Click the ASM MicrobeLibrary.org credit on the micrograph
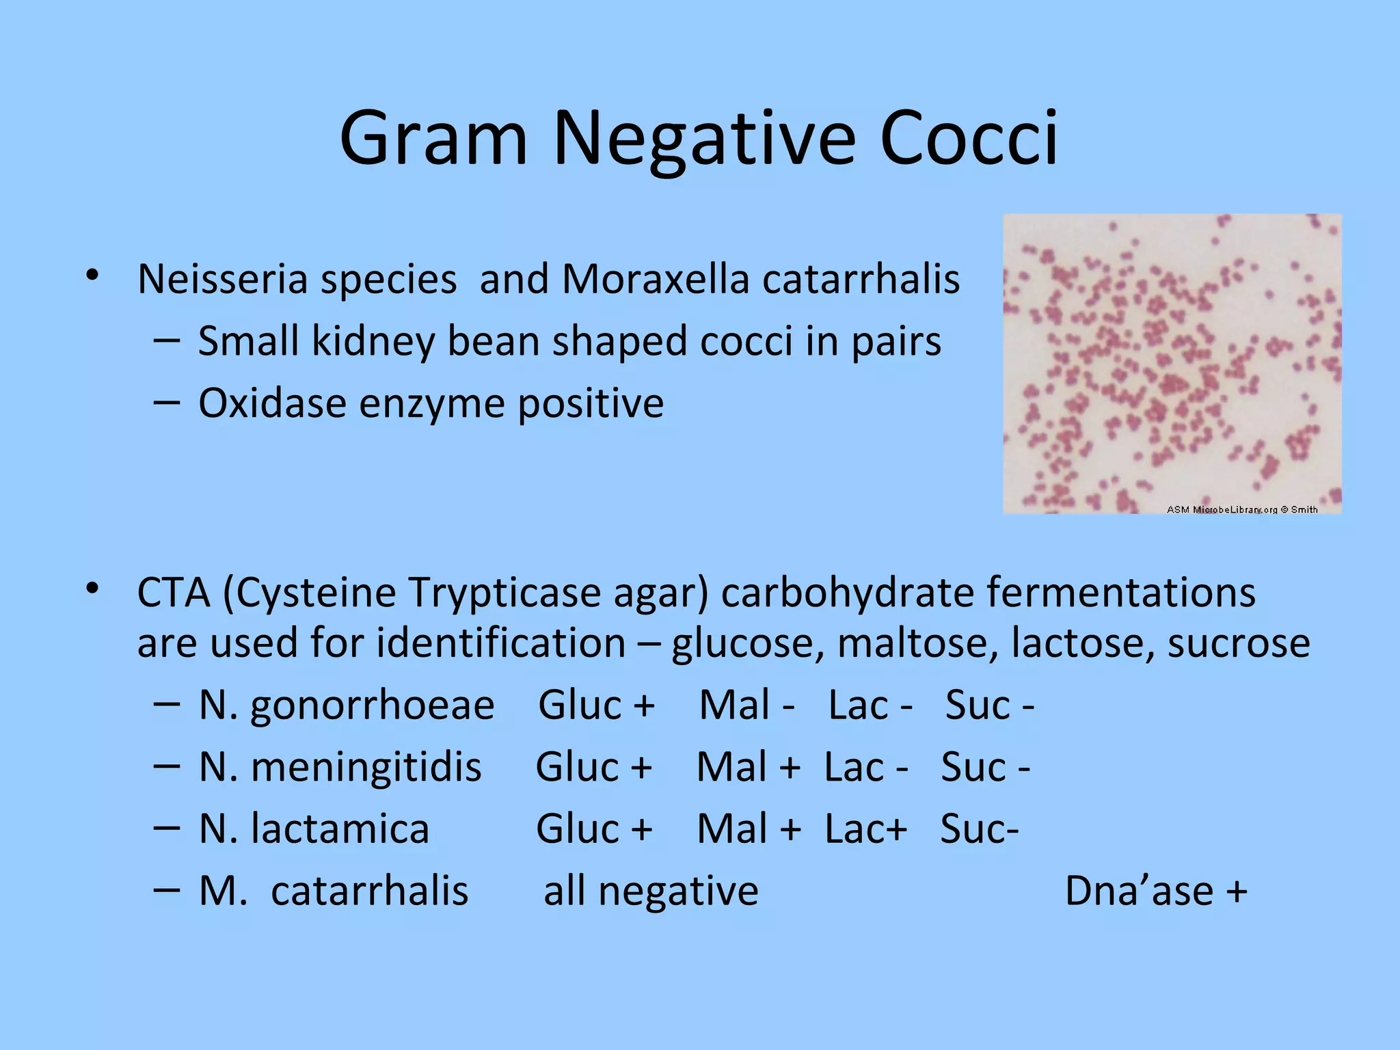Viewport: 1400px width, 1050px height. pyautogui.click(x=1241, y=509)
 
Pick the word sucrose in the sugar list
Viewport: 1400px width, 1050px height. pyautogui.click(x=1238, y=643)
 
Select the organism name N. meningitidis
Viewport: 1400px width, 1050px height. pyautogui.click(x=340, y=767)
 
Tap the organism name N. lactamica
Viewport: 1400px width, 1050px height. pyautogui.click(x=314, y=829)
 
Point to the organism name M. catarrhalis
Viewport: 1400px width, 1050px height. pyautogui.click(x=334, y=891)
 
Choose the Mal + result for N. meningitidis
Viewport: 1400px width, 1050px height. pyautogui.click(x=749, y=767)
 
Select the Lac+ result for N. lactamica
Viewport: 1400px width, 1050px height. pyautogui.click(x=865, y=829)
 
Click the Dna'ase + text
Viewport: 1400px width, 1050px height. pyautogui.click(x=1156, y=891)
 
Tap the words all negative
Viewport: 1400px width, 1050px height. pyautogui.click(x=651, y=891)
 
